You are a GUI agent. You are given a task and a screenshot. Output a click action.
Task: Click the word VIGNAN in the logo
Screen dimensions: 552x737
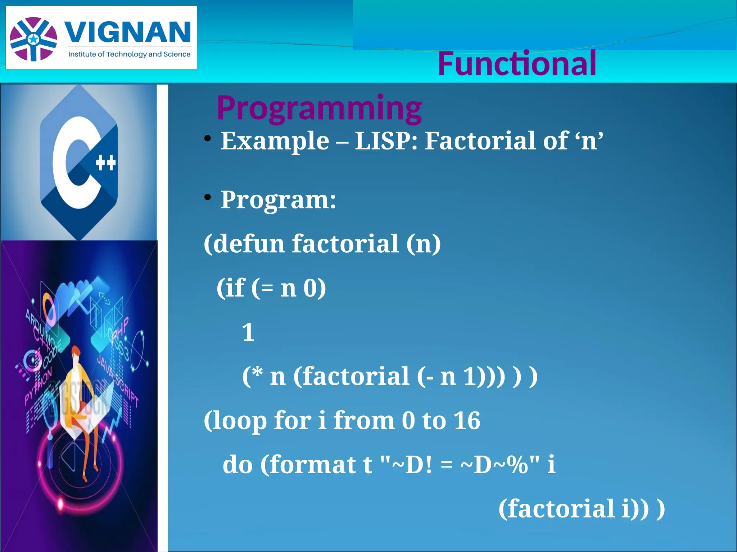pyautogui.click(x=128, y=32)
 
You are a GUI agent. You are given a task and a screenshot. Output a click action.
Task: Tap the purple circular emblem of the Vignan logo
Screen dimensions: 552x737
pyautogui.click(x=33, y=39)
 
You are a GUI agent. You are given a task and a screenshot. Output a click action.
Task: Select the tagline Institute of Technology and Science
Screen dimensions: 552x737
pyautogui.click(x=129, y=54)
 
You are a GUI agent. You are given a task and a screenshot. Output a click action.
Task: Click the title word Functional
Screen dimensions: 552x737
pyautogui.click(x=517, y=64)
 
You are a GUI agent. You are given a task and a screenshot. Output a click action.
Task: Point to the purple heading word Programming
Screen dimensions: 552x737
pyautogui.click(x=319, y=107)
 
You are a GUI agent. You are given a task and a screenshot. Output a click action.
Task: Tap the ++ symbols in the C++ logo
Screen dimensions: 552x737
pyautogui.click(x=106, y=163)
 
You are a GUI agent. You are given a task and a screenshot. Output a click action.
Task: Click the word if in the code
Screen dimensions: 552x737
pyautogui.click(x=236, y=288)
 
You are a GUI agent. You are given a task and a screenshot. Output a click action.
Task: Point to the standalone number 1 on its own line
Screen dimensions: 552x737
pyautogui.click(x=248, y=332)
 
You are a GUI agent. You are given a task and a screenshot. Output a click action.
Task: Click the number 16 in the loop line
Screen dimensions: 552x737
pyautogui.click(x=466, y=420)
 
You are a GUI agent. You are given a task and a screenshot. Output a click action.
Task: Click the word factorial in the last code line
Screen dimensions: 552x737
pyautogui.click(x=556, y=509)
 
